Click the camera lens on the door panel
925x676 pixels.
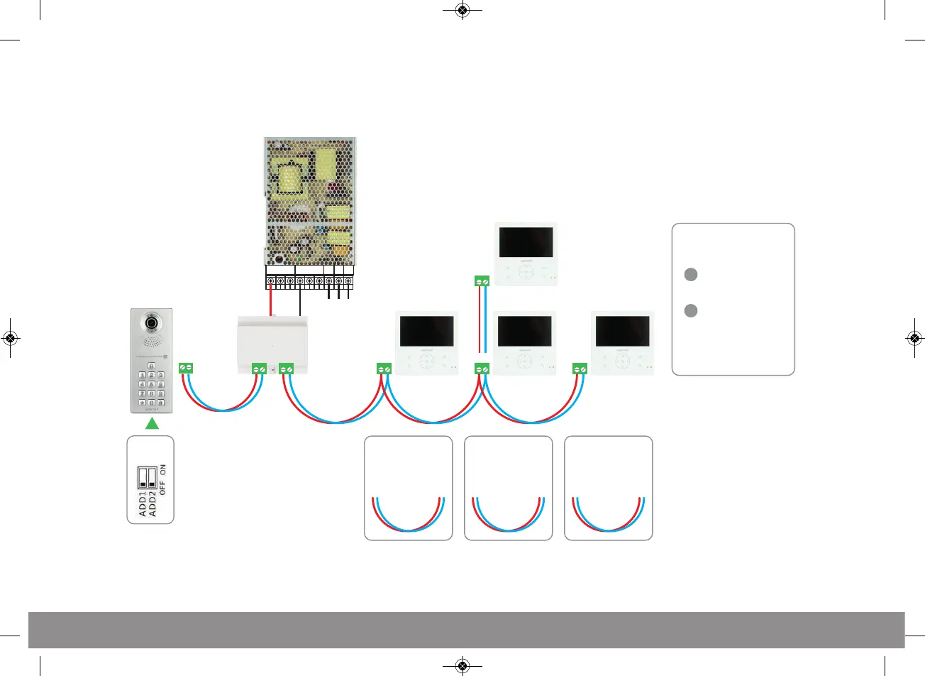coord(151,323)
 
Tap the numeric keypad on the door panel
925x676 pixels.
coord(151,383)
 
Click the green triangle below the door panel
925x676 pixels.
coord(151,424)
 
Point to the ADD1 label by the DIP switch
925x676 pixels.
coord(143,503)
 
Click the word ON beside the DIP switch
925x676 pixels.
coord(162,469)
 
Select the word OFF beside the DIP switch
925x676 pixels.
coord(162,487)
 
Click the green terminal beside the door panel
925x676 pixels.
coord(186,367)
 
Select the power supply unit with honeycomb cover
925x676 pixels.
coord(310,202)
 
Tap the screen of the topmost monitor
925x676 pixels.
coord(526,242)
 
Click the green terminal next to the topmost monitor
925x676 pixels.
coord(482,281)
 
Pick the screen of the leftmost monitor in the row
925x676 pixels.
coord(427,332)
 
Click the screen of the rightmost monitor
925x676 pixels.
coord(622,332)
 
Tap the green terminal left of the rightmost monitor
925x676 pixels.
coord(580,369)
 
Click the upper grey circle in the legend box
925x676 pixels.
coord(690,275)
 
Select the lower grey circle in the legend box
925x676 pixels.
coord(690,310)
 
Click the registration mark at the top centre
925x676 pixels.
coord(462,10)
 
